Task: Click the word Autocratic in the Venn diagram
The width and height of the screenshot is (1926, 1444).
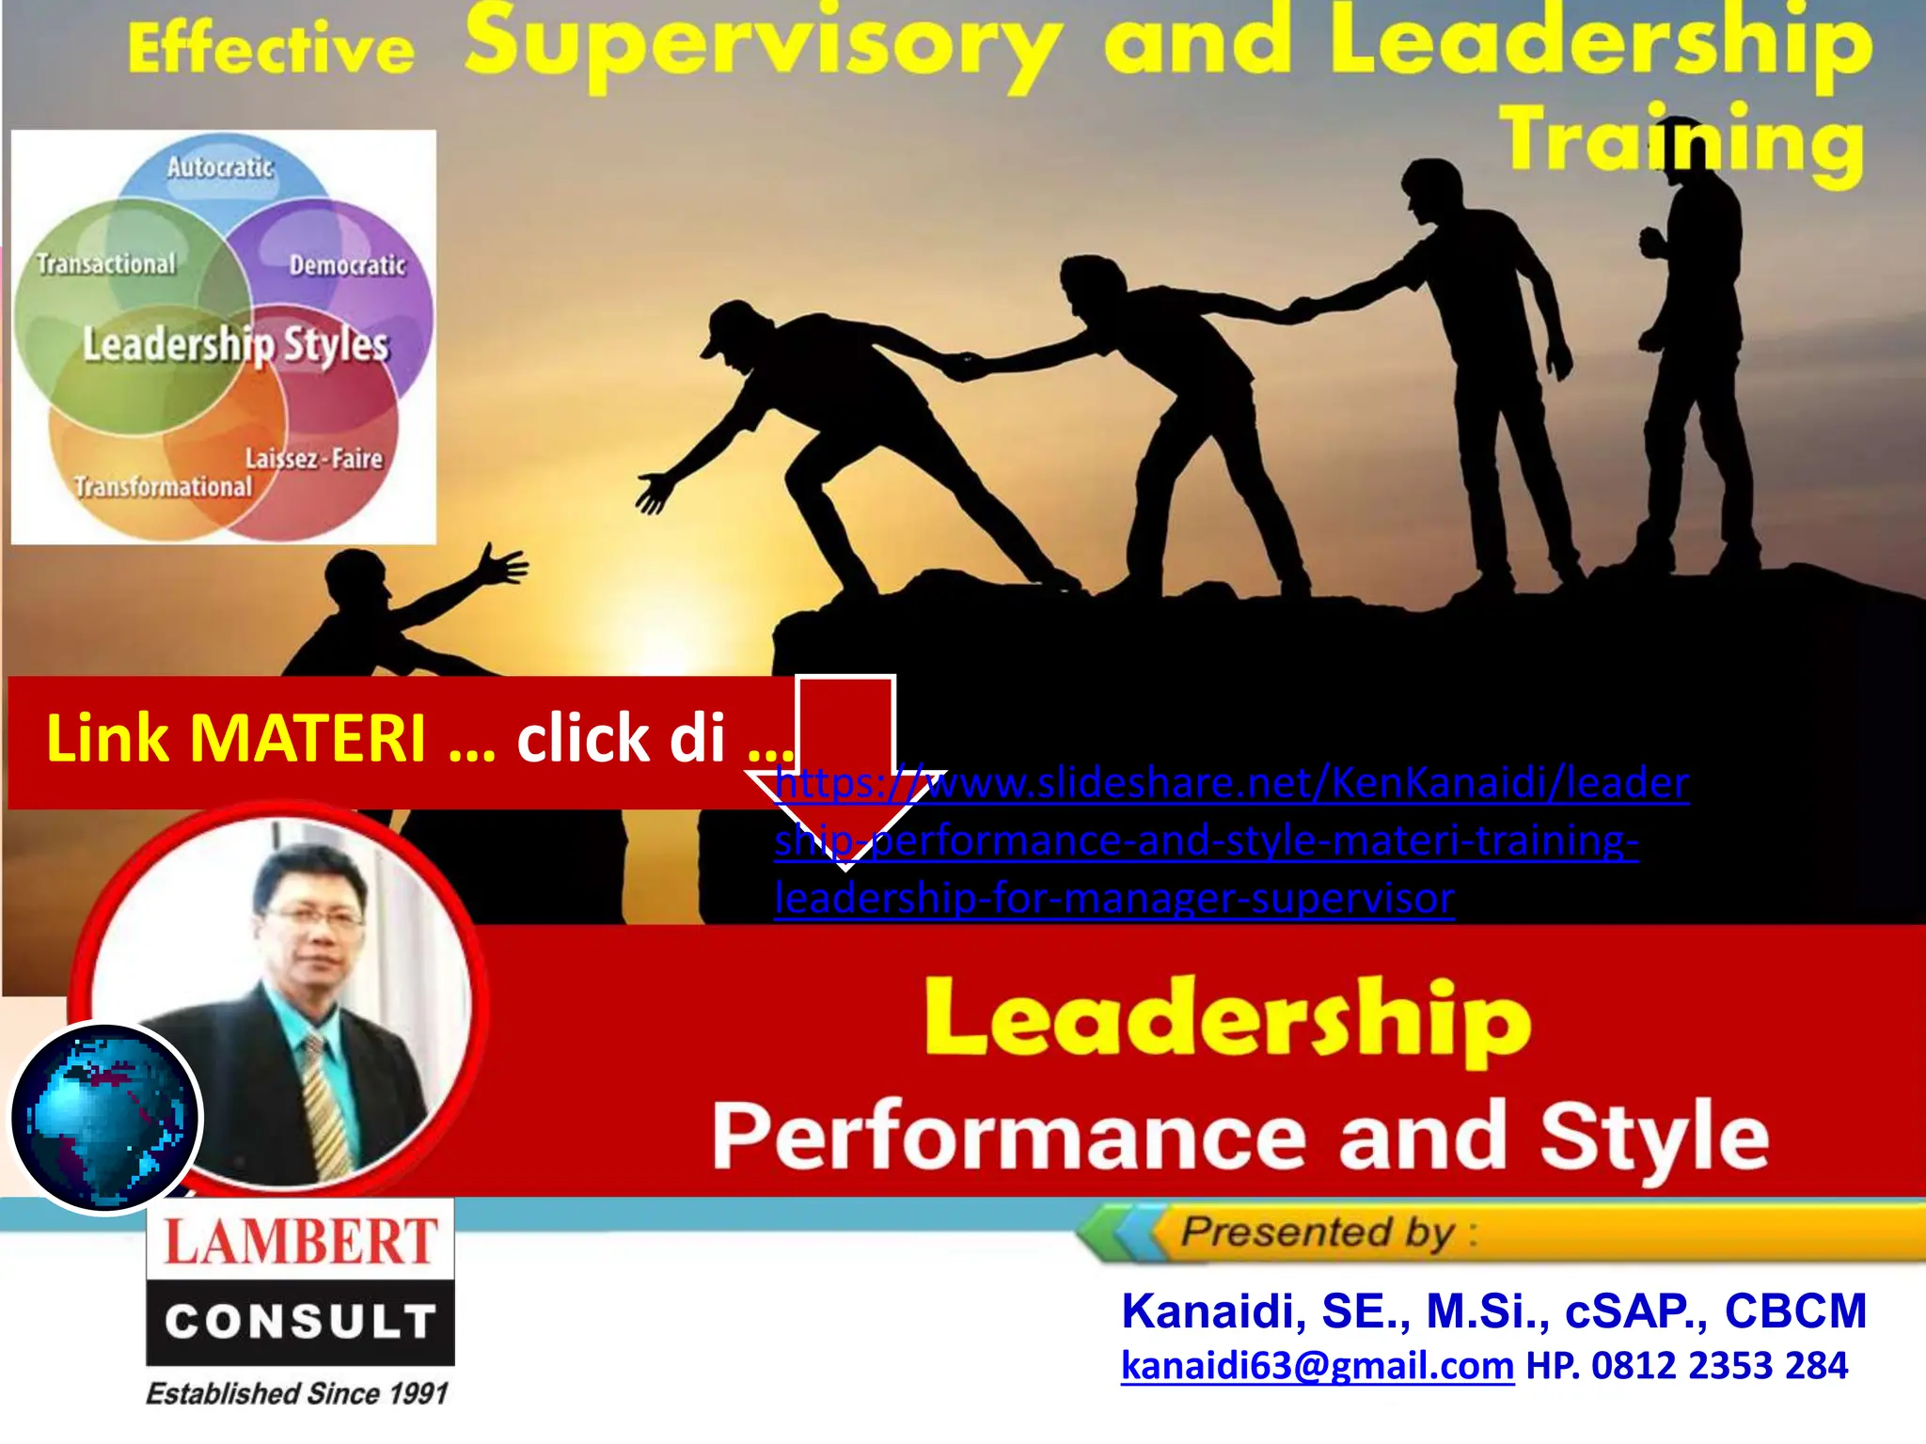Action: [x=220, y=167]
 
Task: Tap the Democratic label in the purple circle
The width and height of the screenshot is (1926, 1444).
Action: [x=347, y=265]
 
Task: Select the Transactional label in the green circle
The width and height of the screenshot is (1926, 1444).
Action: [x=106, y=264]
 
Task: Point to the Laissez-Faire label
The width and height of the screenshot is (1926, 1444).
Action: [x=314, y=459]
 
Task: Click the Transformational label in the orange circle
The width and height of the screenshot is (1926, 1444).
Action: [x=164, y=487]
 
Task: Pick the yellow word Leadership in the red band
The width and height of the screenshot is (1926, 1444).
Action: [x=1227, y=1022]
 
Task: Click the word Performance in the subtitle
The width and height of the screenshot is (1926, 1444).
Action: [x=1008, y=1137]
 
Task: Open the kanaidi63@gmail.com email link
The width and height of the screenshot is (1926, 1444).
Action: [x=1317, y=1366]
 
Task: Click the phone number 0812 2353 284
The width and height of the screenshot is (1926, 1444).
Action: [x=1719, y=1366]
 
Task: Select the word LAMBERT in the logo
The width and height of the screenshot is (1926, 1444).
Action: [x=301, y=1241]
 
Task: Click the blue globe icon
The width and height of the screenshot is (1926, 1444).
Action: [x=105, y=1119]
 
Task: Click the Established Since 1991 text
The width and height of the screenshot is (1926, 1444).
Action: [x=297, y=1393]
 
